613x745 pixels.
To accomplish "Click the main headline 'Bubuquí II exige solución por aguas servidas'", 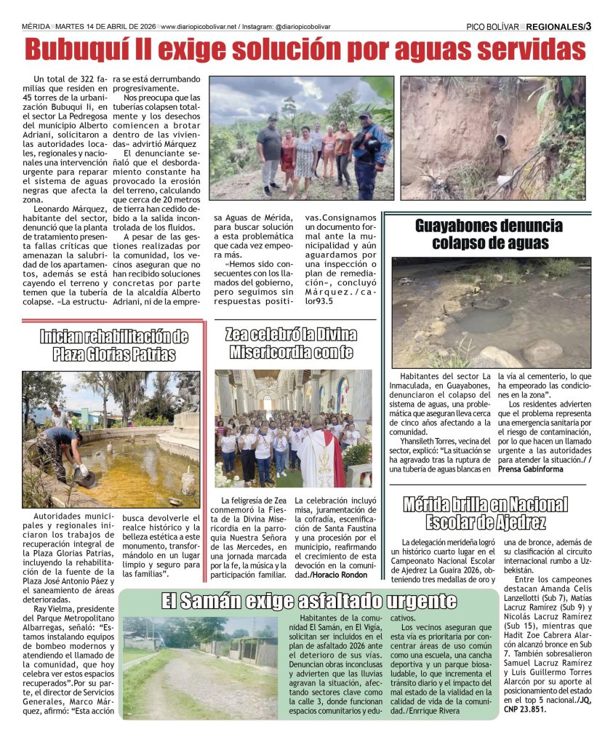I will point(305,49).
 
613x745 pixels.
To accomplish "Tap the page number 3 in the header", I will point(588,26).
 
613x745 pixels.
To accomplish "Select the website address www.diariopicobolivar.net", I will point(198,27).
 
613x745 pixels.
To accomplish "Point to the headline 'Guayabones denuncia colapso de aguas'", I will point(489,234).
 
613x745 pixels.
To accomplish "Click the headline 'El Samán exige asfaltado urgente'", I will point(309,602).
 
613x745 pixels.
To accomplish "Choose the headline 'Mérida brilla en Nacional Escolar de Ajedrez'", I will point(486,513).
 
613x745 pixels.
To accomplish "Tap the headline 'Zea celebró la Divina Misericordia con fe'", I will point(292,343).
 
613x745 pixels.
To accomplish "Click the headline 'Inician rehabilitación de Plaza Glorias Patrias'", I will point(113,346).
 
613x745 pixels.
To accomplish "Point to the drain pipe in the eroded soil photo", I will point(502,141).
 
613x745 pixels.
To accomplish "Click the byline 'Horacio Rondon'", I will point(340,575).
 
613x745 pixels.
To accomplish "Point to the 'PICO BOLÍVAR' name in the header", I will point(492,27).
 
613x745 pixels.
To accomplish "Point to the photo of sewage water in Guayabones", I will point(491,312).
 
